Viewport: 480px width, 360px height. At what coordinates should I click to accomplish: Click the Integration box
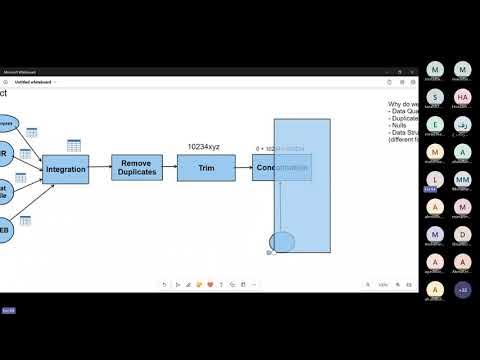(x=66, y=170)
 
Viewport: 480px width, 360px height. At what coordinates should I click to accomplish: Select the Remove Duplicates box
(x=137, y=168)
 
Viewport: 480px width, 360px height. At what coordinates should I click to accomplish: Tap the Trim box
(x=206, y=168)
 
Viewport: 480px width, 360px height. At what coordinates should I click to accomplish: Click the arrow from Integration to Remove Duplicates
(x=100, y=169)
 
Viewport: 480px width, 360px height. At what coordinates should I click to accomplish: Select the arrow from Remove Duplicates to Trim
(x=169, y=168)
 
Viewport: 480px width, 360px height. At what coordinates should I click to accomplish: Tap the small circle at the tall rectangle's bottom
(x=282, y=242)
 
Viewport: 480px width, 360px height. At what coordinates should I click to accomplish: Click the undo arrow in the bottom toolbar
(x=165, y=285)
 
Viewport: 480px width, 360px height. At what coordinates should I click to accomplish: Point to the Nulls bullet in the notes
(x=397, y=125)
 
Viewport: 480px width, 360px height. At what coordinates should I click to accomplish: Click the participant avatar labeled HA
(x=462, y=97)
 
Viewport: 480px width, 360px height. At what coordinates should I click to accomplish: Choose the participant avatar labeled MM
(x=462, y=179)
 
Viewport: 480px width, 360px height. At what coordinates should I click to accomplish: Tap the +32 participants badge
(x=462, y=290)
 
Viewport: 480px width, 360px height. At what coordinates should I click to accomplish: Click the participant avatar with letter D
(x=462, y=234)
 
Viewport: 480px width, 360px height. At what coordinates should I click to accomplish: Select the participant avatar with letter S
(x=434, y=97)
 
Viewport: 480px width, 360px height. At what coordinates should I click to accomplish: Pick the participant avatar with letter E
(x=434, y=125)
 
